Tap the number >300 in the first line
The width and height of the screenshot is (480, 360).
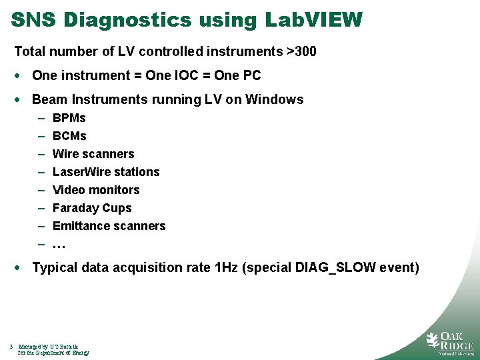[301, 51]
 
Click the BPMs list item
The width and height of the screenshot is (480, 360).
[69, 118]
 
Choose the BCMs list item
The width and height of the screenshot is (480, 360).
[69, 136]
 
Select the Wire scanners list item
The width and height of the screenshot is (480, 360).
[93, 154]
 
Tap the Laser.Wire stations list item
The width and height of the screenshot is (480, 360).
[106, 172]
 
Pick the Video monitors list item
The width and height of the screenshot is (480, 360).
[96, 190]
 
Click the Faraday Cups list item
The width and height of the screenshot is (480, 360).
[92, 208]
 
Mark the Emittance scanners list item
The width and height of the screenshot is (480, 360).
[109, 226]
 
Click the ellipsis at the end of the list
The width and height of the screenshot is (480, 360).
[59, 245]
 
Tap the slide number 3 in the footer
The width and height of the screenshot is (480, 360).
[11, 347]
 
